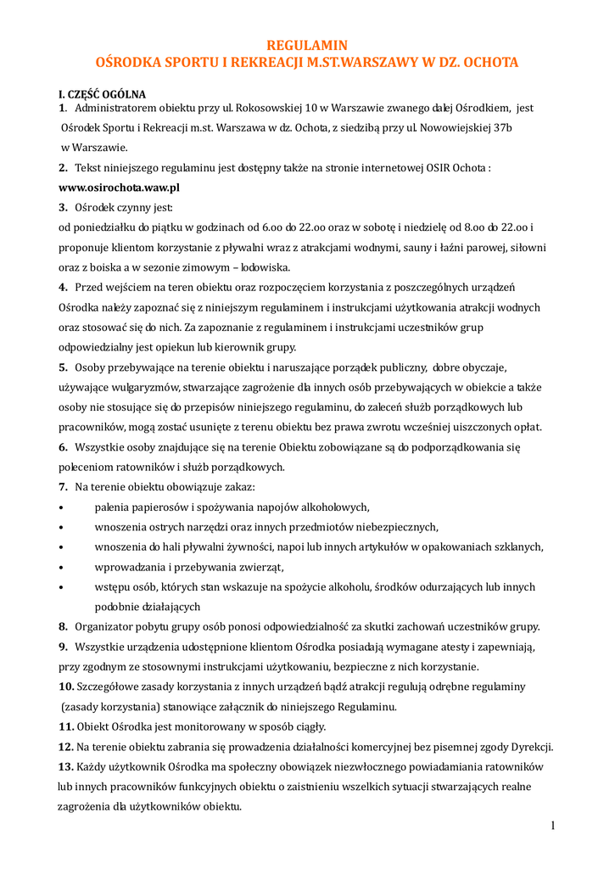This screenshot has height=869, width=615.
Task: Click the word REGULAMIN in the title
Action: click(307, 45)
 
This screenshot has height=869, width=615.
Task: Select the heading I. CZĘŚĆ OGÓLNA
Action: click(102, 93)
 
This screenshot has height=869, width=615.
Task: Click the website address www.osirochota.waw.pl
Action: click(119, 187)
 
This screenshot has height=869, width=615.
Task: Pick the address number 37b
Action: click(500, 127)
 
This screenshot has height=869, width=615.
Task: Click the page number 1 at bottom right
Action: click(552, 826)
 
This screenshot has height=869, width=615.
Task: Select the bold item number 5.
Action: click(63, 367)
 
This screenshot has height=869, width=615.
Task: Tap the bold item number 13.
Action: click(66, 766)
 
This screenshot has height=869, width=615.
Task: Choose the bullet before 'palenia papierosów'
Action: click(61, 507)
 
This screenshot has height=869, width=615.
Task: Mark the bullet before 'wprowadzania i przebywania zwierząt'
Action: click(61, 567)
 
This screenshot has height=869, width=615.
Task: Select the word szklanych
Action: click(512, 547)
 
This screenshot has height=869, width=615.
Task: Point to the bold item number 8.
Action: click(63, 626)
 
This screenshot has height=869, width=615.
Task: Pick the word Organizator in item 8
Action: click(107, 626)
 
